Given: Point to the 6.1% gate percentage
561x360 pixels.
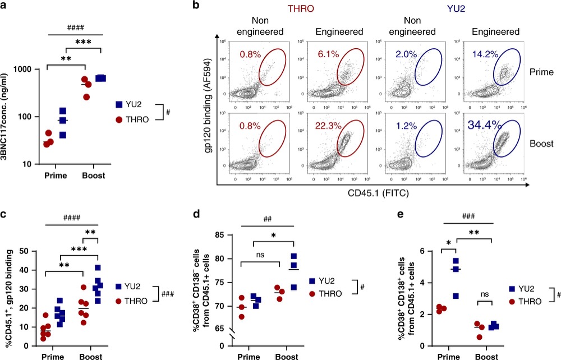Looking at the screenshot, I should (x=325, y=54).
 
